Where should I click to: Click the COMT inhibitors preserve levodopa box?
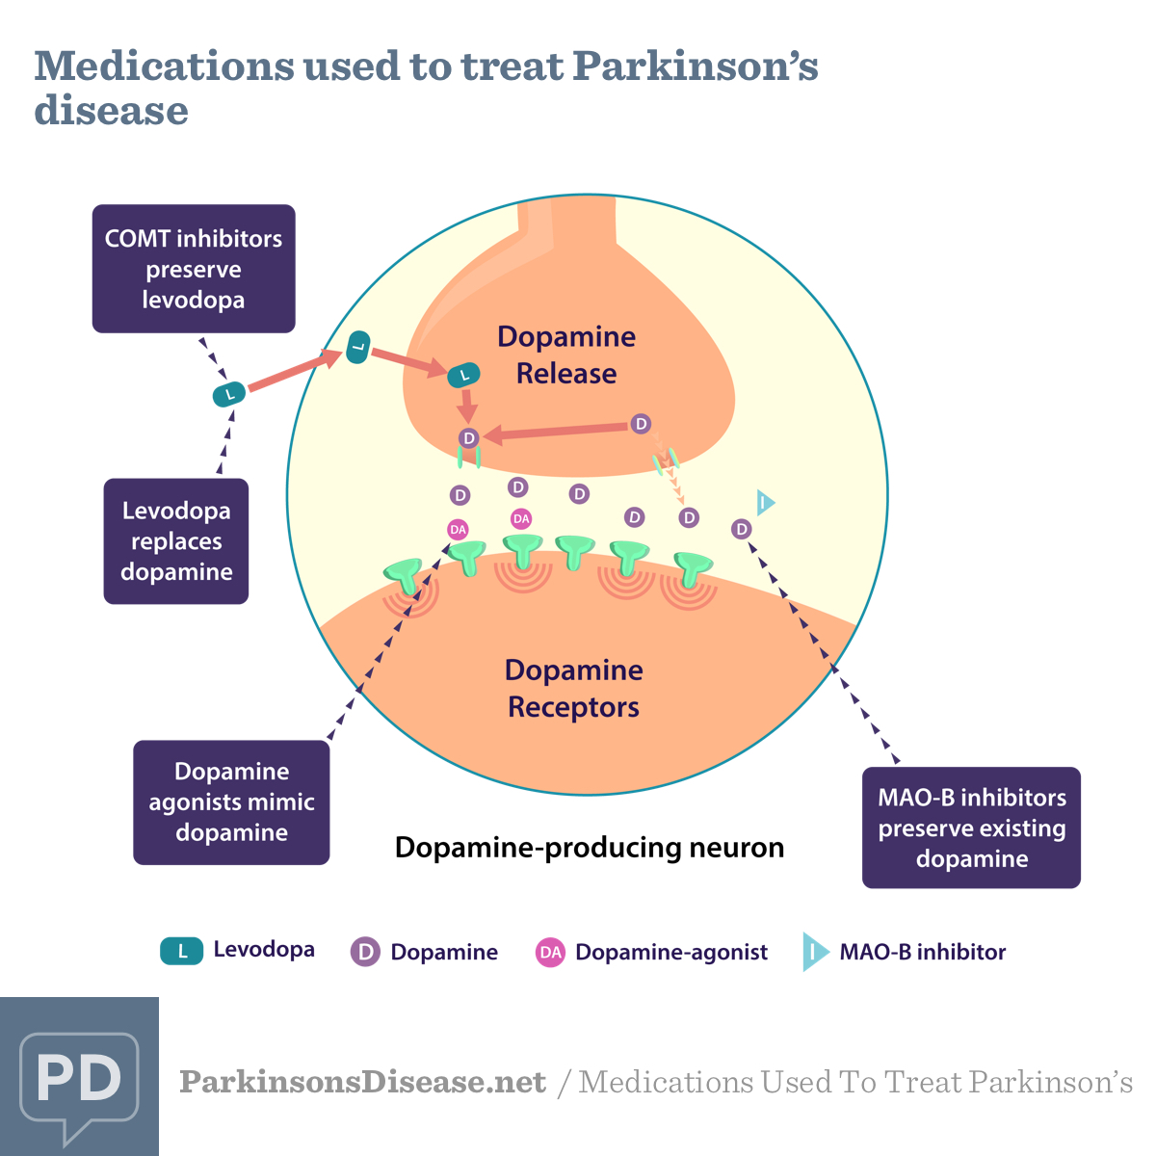point(194,269)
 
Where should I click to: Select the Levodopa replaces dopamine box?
point(176,541)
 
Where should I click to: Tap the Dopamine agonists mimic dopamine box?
point(231,802)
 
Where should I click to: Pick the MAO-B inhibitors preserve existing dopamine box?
point(971,828)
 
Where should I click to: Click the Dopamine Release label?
point(566,355)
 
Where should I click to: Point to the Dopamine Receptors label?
point(574,688)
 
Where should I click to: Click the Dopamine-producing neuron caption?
point(590,848)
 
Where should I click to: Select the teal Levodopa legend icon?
point(181,951)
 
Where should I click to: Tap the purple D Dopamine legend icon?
point(365,952)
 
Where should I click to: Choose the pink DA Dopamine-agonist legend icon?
point(550,952)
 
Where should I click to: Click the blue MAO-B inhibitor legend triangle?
point(814,952)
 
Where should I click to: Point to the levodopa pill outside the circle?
point(229,393)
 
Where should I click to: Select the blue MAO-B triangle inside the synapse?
point(765,502)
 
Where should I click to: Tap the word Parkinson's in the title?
point(695,66)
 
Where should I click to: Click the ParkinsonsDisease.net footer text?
point(362,1082)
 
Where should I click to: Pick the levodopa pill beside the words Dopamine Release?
point(464,375)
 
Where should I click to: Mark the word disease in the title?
point(111,111)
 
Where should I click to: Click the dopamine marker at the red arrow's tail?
point(641,424)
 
